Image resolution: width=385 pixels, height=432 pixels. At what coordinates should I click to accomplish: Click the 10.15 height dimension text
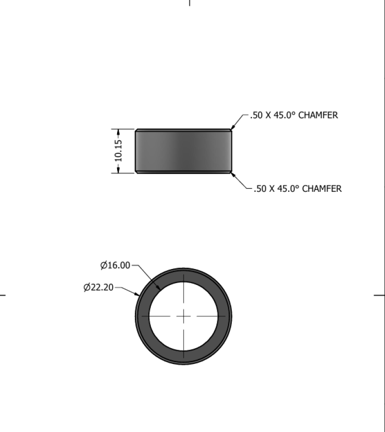[118, 151]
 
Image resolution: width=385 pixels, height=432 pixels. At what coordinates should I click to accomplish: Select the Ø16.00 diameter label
[115, 265]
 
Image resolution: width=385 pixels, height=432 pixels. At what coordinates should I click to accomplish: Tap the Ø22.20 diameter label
[98, 287]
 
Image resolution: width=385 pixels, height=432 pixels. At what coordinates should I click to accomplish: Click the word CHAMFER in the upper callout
[318, 115]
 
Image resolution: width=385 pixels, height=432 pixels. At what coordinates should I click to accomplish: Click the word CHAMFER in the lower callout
[322, 189]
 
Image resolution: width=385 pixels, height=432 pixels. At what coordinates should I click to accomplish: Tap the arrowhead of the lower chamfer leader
[232, 175]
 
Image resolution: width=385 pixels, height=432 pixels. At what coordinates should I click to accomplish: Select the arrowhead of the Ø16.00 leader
[159, 287]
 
